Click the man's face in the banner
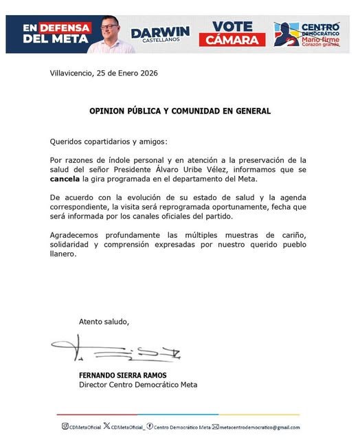coord(111,30)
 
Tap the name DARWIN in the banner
coord(160,32)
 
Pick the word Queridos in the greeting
coord(67,142)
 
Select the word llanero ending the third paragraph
coord(64,254)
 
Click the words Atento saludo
coord(104,321)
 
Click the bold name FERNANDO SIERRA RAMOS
coord(123,375)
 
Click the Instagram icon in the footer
coord(65,427)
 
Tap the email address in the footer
coord(260,428)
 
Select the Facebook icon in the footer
coord(150,427)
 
